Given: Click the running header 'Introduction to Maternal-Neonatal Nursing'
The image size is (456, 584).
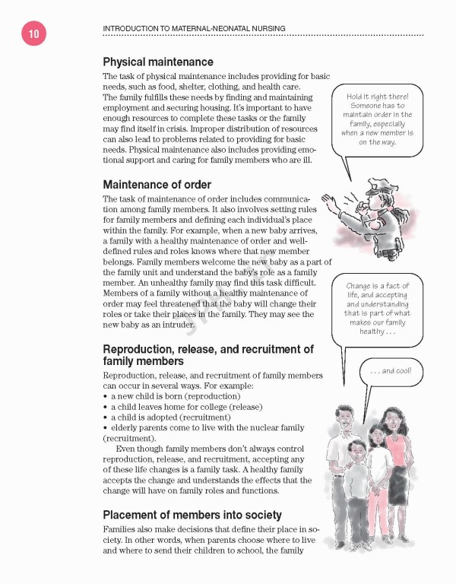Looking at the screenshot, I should [x=194, y=29].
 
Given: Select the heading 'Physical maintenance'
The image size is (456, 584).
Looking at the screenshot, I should [x=158, y=62].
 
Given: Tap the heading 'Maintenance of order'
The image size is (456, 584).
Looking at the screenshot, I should [x=157, y=184].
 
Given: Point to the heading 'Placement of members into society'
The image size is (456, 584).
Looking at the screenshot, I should [x=192, y=514].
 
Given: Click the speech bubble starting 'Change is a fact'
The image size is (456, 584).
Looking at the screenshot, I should [x=377, y=309].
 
